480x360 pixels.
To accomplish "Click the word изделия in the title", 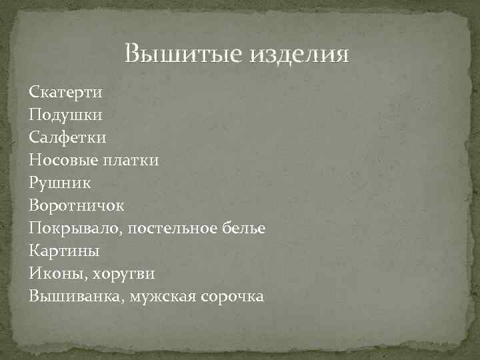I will [x=299, y=54].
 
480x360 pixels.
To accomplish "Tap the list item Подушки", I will [x=66, y=115].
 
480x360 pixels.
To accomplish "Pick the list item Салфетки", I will [x=67, y=137].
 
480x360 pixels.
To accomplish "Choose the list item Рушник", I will [x=61, y=183].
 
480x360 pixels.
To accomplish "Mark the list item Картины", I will [x=65, y=251].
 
